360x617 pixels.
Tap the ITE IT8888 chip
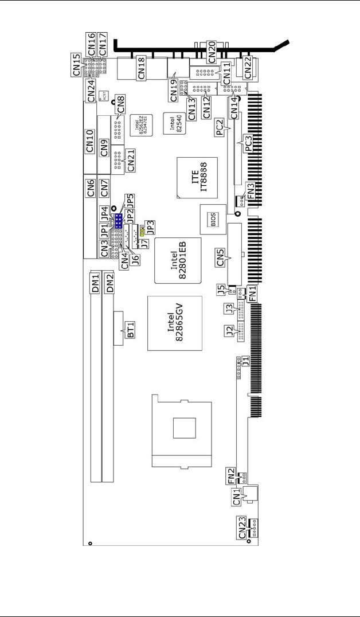click(197, 177)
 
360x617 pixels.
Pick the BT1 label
click(131, 329)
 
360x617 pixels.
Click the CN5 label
click(221, 259)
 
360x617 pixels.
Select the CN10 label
click(89, 141)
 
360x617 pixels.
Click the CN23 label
click(242, 526)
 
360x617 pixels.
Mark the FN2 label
click(232, 477)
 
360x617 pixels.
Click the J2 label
click(229, 331)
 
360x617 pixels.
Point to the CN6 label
click(90, 188)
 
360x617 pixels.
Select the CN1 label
click(237, 499)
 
